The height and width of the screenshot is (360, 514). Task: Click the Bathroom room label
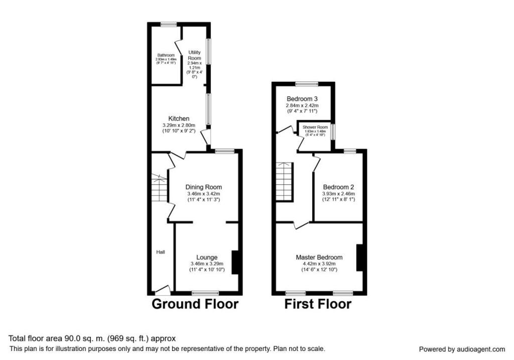coord(166,55)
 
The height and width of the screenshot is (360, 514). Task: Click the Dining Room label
coord(203,187)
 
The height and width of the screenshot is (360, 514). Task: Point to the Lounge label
coord(207,257)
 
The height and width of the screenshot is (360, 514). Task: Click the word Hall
coord(160,252)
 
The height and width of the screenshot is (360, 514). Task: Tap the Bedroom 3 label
coord(302,98)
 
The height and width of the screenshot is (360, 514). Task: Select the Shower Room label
coord(315,128)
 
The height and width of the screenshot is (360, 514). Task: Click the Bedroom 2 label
coord(338,187)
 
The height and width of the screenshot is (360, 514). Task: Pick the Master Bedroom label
coord(319,257)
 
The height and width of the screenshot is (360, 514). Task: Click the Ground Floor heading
coord(195,304)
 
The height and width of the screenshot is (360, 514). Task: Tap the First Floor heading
coord(318,304)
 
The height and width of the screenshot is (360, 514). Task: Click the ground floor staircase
coord(159,189)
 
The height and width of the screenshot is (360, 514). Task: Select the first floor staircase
coord(284,181)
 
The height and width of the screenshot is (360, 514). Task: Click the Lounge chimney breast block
coord(234,262)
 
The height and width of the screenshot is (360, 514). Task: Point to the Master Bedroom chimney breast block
coord(359,258)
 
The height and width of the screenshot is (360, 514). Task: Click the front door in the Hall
coord(163,290)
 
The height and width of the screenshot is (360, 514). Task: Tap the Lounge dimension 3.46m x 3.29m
coord(207,264)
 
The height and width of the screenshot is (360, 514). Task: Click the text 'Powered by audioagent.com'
coord(462,349)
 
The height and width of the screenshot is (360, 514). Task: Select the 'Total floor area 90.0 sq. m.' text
coord(92,338)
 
